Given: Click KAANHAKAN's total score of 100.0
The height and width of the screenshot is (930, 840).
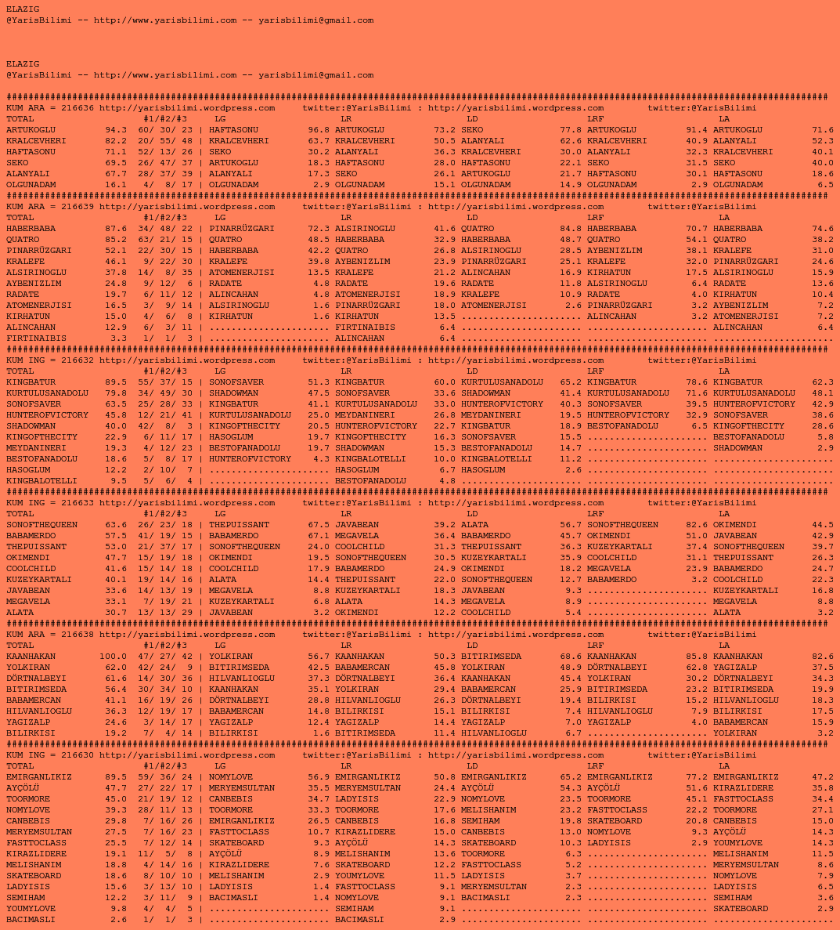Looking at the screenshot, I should pos(113,657).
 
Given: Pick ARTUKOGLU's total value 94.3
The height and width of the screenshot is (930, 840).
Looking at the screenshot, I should pos(116,130).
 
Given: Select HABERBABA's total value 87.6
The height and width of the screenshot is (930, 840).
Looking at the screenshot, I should pos(116,229).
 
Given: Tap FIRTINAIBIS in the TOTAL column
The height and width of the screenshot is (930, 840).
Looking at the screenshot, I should pos(36,338).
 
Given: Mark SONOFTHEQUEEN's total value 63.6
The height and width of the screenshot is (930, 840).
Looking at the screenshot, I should pos(116,525).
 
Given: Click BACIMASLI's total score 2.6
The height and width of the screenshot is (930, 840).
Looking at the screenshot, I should pos(118,920).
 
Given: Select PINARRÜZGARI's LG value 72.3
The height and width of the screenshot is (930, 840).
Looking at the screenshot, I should pos(319,229).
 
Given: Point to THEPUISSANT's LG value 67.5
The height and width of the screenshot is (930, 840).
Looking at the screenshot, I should pos(319,525).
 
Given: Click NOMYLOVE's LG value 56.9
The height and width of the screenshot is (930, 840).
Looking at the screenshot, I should pos(319,777).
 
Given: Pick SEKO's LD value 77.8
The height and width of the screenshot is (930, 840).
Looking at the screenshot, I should pos(571,130).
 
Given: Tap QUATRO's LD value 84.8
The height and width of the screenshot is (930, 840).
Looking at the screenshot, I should pos(571,229).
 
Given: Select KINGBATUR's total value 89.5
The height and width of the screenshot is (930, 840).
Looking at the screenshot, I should pos(116,382).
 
